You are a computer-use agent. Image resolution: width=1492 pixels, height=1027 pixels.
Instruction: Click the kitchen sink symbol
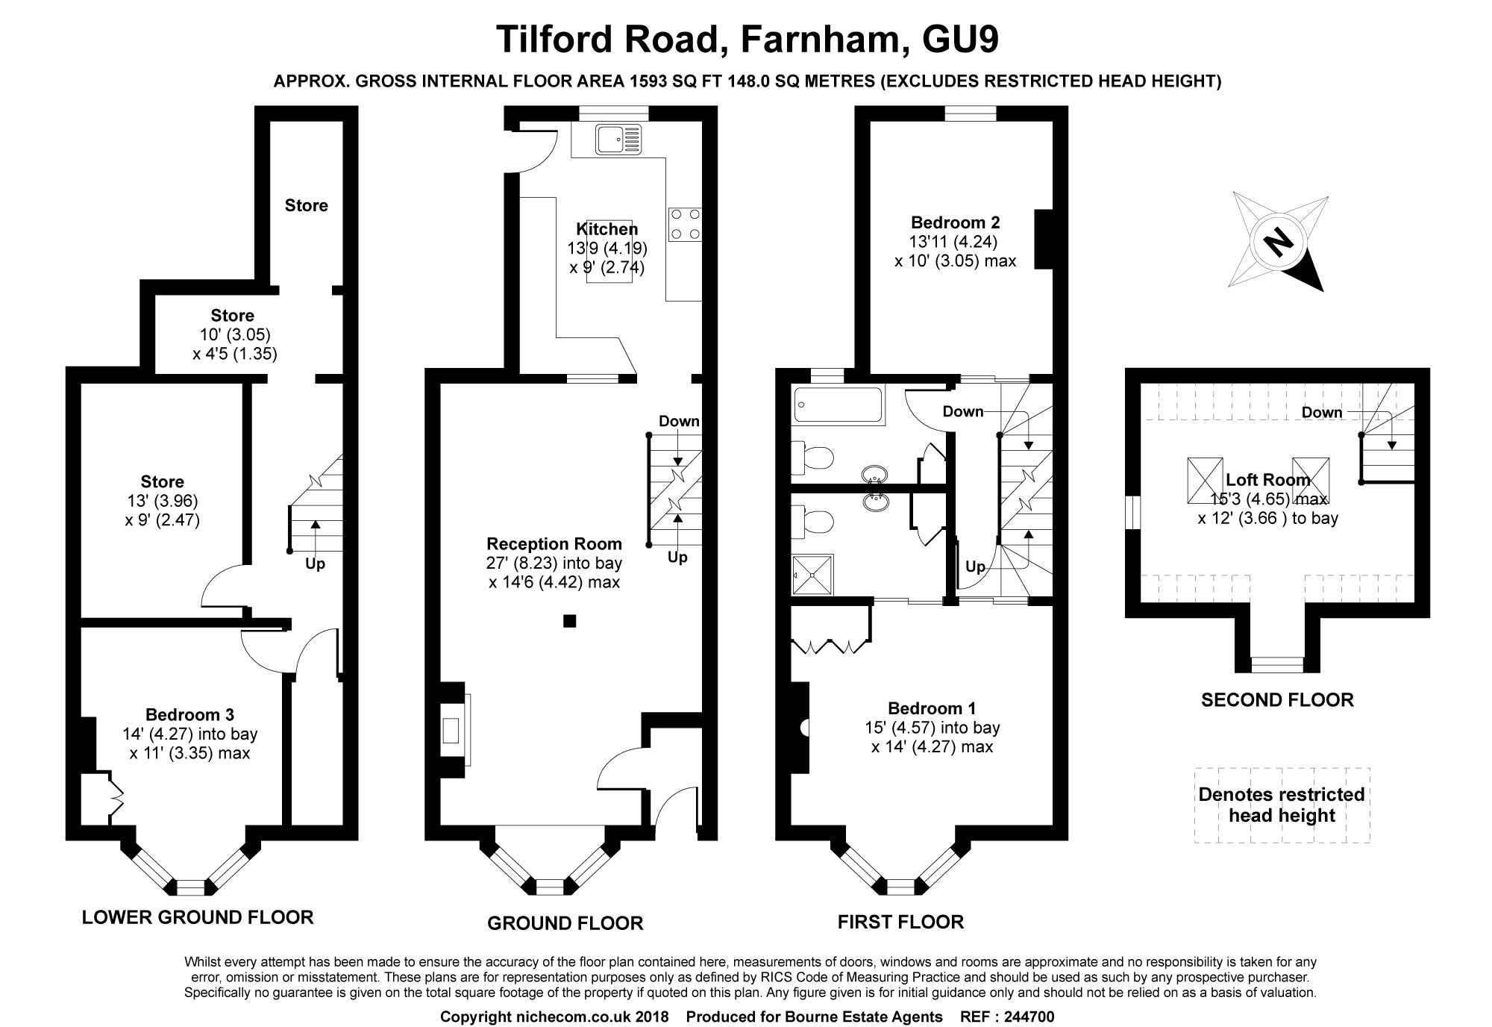(618, 140)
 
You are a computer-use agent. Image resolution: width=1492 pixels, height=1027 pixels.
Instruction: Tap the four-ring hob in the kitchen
(685, 224)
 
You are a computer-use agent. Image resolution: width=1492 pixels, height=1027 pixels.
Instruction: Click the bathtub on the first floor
(839, 406)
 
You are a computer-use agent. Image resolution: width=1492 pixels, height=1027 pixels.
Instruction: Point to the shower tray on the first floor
(812, 575)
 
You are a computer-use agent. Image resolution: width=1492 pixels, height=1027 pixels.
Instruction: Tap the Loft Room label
(1267, 480)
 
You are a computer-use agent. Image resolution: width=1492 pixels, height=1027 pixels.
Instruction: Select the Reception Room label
(554, 543)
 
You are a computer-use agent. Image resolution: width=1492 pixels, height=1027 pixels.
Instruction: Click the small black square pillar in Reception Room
(569, 620)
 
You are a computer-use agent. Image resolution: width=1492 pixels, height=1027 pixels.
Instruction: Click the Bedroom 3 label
(189, 714)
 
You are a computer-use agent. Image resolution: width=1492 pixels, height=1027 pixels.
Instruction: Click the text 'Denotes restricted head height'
(1281, 805)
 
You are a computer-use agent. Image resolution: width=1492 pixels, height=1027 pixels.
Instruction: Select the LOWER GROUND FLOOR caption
(198, 917)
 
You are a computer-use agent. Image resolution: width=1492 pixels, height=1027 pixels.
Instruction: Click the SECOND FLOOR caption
(1277, 699)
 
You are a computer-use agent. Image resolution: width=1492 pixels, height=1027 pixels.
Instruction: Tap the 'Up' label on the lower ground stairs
(315, 564)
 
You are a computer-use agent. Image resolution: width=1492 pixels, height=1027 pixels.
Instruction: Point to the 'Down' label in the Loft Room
(1322, 412)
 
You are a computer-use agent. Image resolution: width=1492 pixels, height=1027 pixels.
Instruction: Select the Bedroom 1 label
(931, 708)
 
